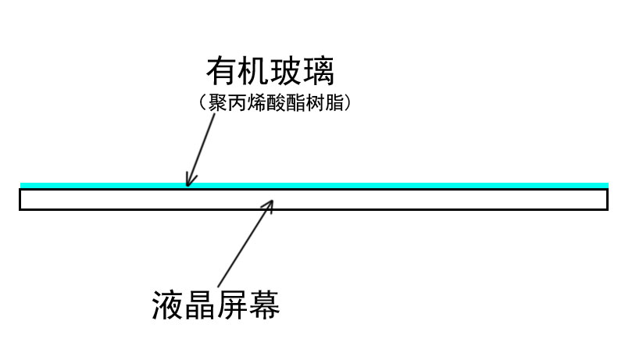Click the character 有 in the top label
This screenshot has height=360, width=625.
coord(222,71)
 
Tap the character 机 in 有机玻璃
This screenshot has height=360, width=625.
coord(254,71)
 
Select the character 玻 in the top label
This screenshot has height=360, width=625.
coord(286,71)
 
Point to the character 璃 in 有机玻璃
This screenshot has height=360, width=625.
coord(318,71)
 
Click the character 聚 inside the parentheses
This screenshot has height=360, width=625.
coord(218,103)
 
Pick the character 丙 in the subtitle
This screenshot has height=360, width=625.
coord(237,103)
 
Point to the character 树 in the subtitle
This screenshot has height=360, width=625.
coord(316,103)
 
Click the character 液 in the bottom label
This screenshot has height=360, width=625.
coord(168,305)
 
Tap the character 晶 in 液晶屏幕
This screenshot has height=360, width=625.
coord(200,305)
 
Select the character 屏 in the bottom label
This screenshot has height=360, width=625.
coord(232,305)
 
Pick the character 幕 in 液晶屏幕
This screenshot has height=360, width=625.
coord(264,305)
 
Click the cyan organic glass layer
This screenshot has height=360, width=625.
coord(315,185)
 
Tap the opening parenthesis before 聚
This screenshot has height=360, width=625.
coord(202,103)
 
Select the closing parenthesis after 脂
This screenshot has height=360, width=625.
coord(348,103)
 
